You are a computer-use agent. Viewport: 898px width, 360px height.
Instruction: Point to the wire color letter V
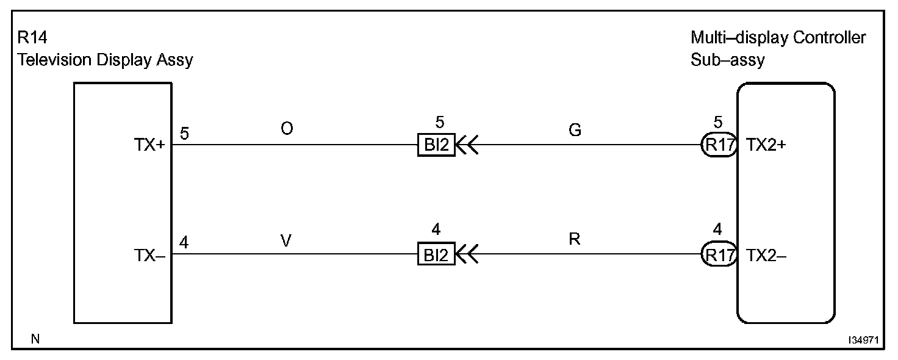click(x=286, y=240)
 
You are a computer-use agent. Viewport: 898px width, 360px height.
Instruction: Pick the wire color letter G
click(x=575, y=130)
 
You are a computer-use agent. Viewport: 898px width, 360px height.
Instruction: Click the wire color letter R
click(x=574, y=240)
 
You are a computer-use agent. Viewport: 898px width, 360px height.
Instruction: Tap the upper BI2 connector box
click(x=436, y=146)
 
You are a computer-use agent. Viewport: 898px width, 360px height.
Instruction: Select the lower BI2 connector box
click(x=436, y=255)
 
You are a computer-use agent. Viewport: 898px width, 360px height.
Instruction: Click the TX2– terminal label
click(x=766, y=256)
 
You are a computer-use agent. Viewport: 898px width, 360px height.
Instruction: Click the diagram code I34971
click(x=862, y=340)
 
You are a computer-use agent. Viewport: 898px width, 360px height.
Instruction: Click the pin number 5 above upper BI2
click(x=436, y=121)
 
